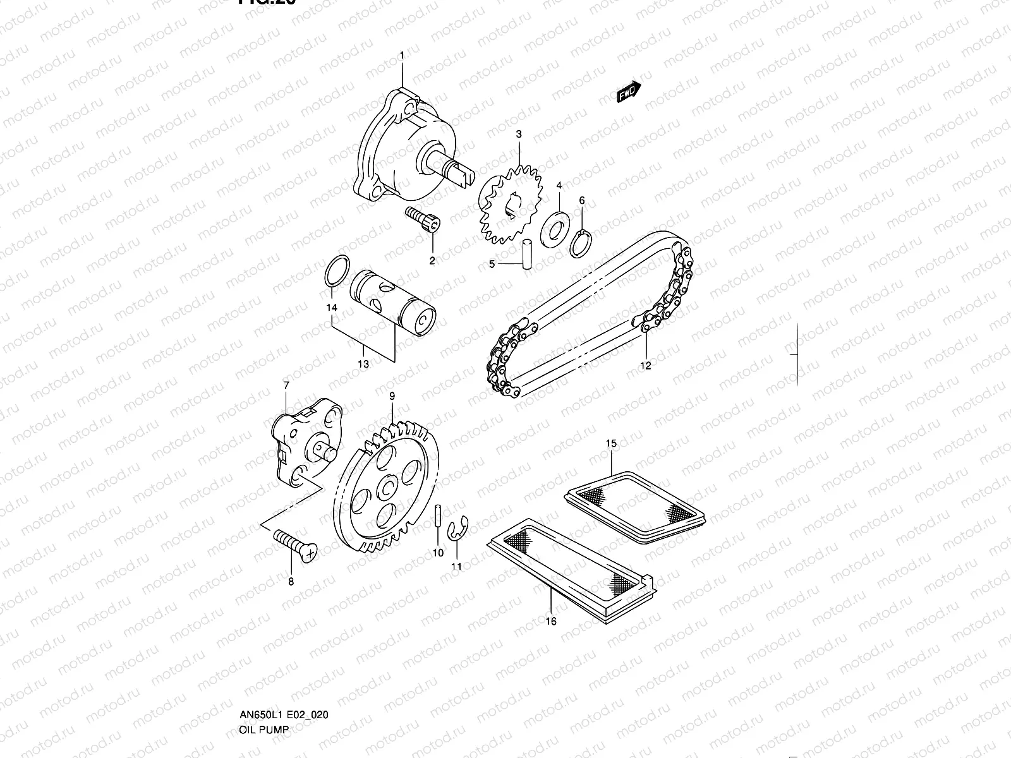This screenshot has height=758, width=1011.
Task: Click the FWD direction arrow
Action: pos(629,92)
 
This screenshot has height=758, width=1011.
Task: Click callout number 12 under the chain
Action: pos(645,365)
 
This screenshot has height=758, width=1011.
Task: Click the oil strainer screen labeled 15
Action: pos(634,505)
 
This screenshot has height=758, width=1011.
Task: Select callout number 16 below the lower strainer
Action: pos(551,622)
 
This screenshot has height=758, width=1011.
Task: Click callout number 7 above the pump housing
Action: pos(286,385)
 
